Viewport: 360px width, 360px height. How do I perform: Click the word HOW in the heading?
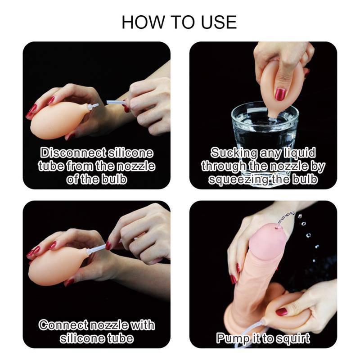coord(143,22)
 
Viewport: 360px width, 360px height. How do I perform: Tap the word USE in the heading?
coord(219,22)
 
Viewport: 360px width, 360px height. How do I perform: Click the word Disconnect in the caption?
coord(73,153)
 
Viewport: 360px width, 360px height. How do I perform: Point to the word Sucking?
coord(234,153)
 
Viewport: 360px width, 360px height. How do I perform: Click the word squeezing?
coord(238,179)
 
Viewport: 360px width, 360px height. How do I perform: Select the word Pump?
coord(233,338)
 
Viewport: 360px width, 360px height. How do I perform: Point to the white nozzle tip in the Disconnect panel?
coord(94,106)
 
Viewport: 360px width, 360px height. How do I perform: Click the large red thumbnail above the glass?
coord(280,94)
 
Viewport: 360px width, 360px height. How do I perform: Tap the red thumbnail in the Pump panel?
coord(282,311)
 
